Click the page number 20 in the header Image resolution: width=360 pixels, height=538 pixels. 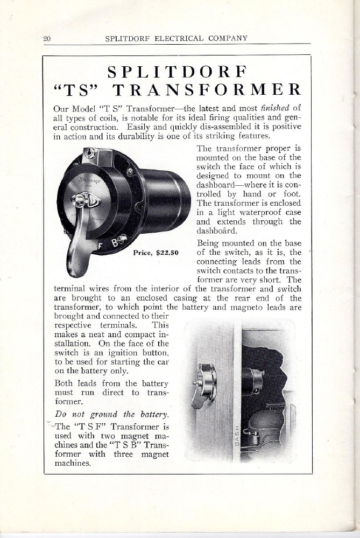pyautogui.click(x=47, y=38)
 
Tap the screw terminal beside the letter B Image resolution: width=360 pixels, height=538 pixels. pyautogui.click(x=123, y=239)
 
